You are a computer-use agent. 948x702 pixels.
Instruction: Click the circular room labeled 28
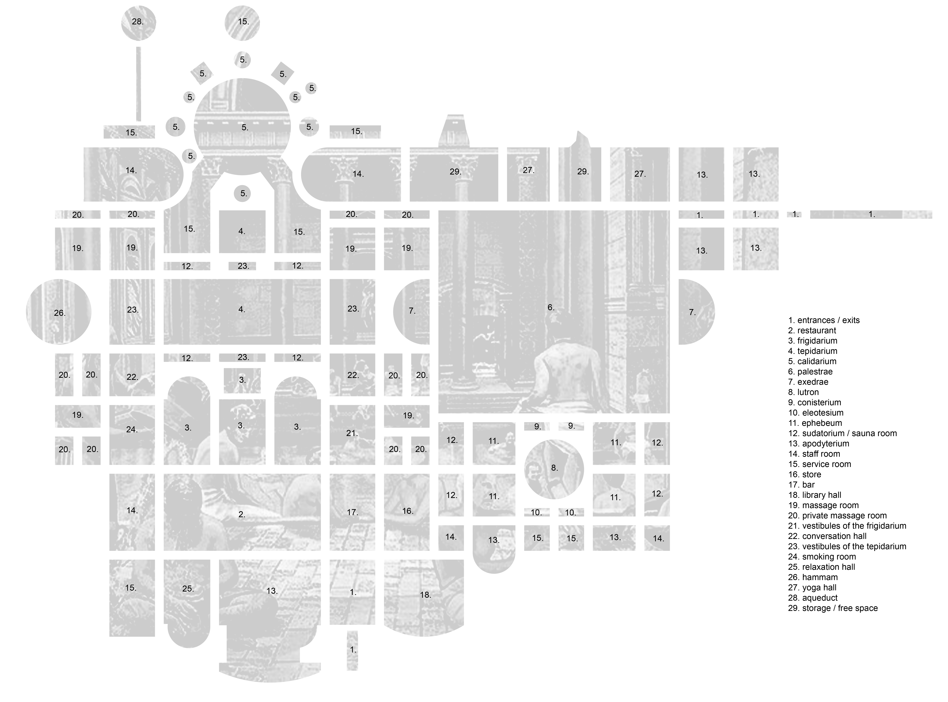(138, 23)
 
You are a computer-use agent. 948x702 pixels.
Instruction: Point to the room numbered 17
(352, 512)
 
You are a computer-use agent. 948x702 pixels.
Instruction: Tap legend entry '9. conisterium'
(814, 402)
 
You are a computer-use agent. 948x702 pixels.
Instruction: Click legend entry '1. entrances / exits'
(824, 320)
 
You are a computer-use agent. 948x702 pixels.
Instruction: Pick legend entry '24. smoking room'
(822, 557)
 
